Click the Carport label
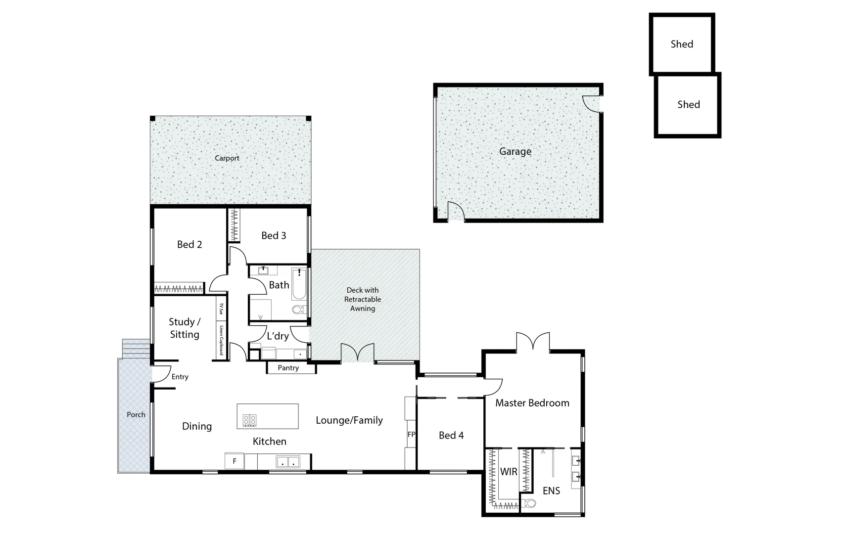(227, 158)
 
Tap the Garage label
(515, 151)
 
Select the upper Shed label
(681, 44)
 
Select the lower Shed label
(688, 104)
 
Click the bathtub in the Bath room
(299, 284)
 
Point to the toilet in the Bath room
(298, 310)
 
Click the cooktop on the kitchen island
(249, 420)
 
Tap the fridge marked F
(234, 461)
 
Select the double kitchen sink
(287, 462)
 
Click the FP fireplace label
(411, 435)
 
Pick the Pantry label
(288, 368)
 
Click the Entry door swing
(161, 374)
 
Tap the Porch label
(136, 415)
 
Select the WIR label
(509, 472)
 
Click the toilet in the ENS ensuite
(530, 503)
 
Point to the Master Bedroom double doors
(533, 342)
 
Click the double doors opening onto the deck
(357, 353)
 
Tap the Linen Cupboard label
(222, 340)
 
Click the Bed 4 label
(451, 435)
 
